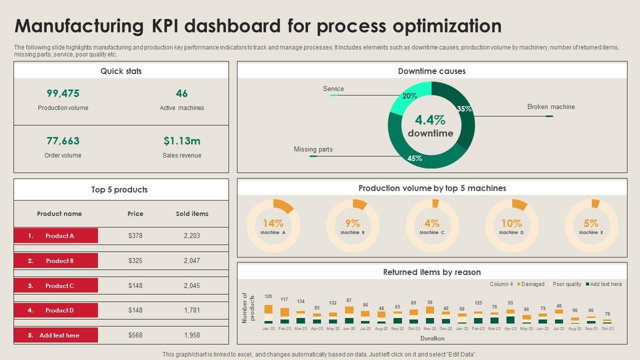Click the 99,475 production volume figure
click(63, 93)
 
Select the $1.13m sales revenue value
click(182, 141)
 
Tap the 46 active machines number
click(182, 93)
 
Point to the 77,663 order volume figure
click(63, 141)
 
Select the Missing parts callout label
click(313, 149)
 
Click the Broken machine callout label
click(551, 107)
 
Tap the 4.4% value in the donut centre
click(430, 120)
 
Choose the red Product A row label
click(56, 236)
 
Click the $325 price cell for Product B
click(135, 261)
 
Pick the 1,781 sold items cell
click(192, 310)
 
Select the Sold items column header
click(192, 214)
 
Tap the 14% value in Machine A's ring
click(273, 223)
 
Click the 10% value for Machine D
click(511, 223)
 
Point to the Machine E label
click(591, 232)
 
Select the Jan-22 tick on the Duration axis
click(268, 329)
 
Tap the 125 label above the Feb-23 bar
click(478, 303)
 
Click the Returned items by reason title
click(432, 272)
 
